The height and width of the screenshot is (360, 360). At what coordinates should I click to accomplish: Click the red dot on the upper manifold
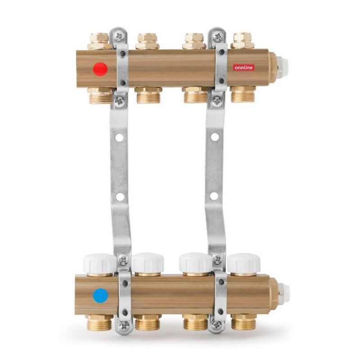pos(100,69)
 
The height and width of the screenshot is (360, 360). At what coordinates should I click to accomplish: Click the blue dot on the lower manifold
pos(100,296)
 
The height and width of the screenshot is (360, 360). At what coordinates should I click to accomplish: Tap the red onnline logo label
pos(243,67)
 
